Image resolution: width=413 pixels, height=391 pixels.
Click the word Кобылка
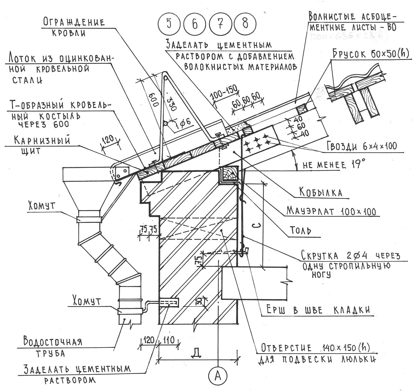click(x=320, y=192)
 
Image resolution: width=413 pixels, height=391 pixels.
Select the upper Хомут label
click(x=42, y=206)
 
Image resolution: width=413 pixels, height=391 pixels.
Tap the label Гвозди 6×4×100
click(x=362, y=146)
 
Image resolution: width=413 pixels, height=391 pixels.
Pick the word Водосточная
click(x=53, y=342)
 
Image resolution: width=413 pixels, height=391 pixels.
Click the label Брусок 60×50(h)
click(x=371, y=54)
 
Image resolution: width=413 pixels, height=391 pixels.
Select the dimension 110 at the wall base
click(x=169, y=340)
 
